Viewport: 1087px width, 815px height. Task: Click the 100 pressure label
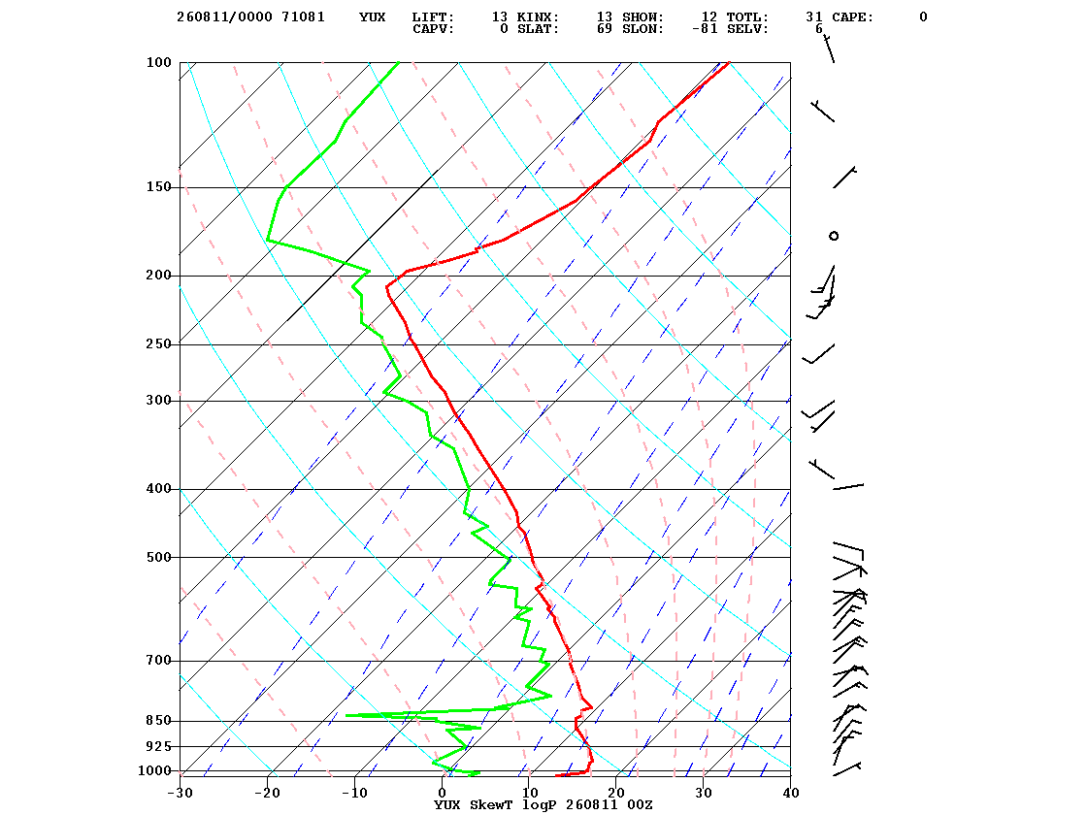[159, 62]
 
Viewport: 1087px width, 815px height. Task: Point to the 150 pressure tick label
[159, 187]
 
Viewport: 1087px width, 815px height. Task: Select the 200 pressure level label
[159, 276]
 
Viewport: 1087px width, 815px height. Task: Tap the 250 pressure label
[159, 343]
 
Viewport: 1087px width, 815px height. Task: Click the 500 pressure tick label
[159, 557]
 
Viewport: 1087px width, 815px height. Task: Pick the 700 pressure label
[159, 661]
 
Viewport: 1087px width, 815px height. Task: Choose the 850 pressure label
[159, 721]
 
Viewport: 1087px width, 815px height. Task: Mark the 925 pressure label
[159, 746]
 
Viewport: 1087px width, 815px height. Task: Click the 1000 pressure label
[154, 770]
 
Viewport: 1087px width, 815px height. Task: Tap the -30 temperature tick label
[180, 793]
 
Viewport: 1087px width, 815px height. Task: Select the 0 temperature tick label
[443, 793]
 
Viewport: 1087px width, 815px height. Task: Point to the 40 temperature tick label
[791, 793]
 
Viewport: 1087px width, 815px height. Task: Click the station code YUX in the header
[373, 16]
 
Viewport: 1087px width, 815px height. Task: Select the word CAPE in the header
[853, 16]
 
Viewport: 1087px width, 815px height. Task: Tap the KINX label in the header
[538, 16]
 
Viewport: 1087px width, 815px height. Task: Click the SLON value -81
[705, 28]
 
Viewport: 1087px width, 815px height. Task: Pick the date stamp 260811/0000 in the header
[224, 16]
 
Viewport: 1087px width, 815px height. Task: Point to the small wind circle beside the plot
[834, 237]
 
